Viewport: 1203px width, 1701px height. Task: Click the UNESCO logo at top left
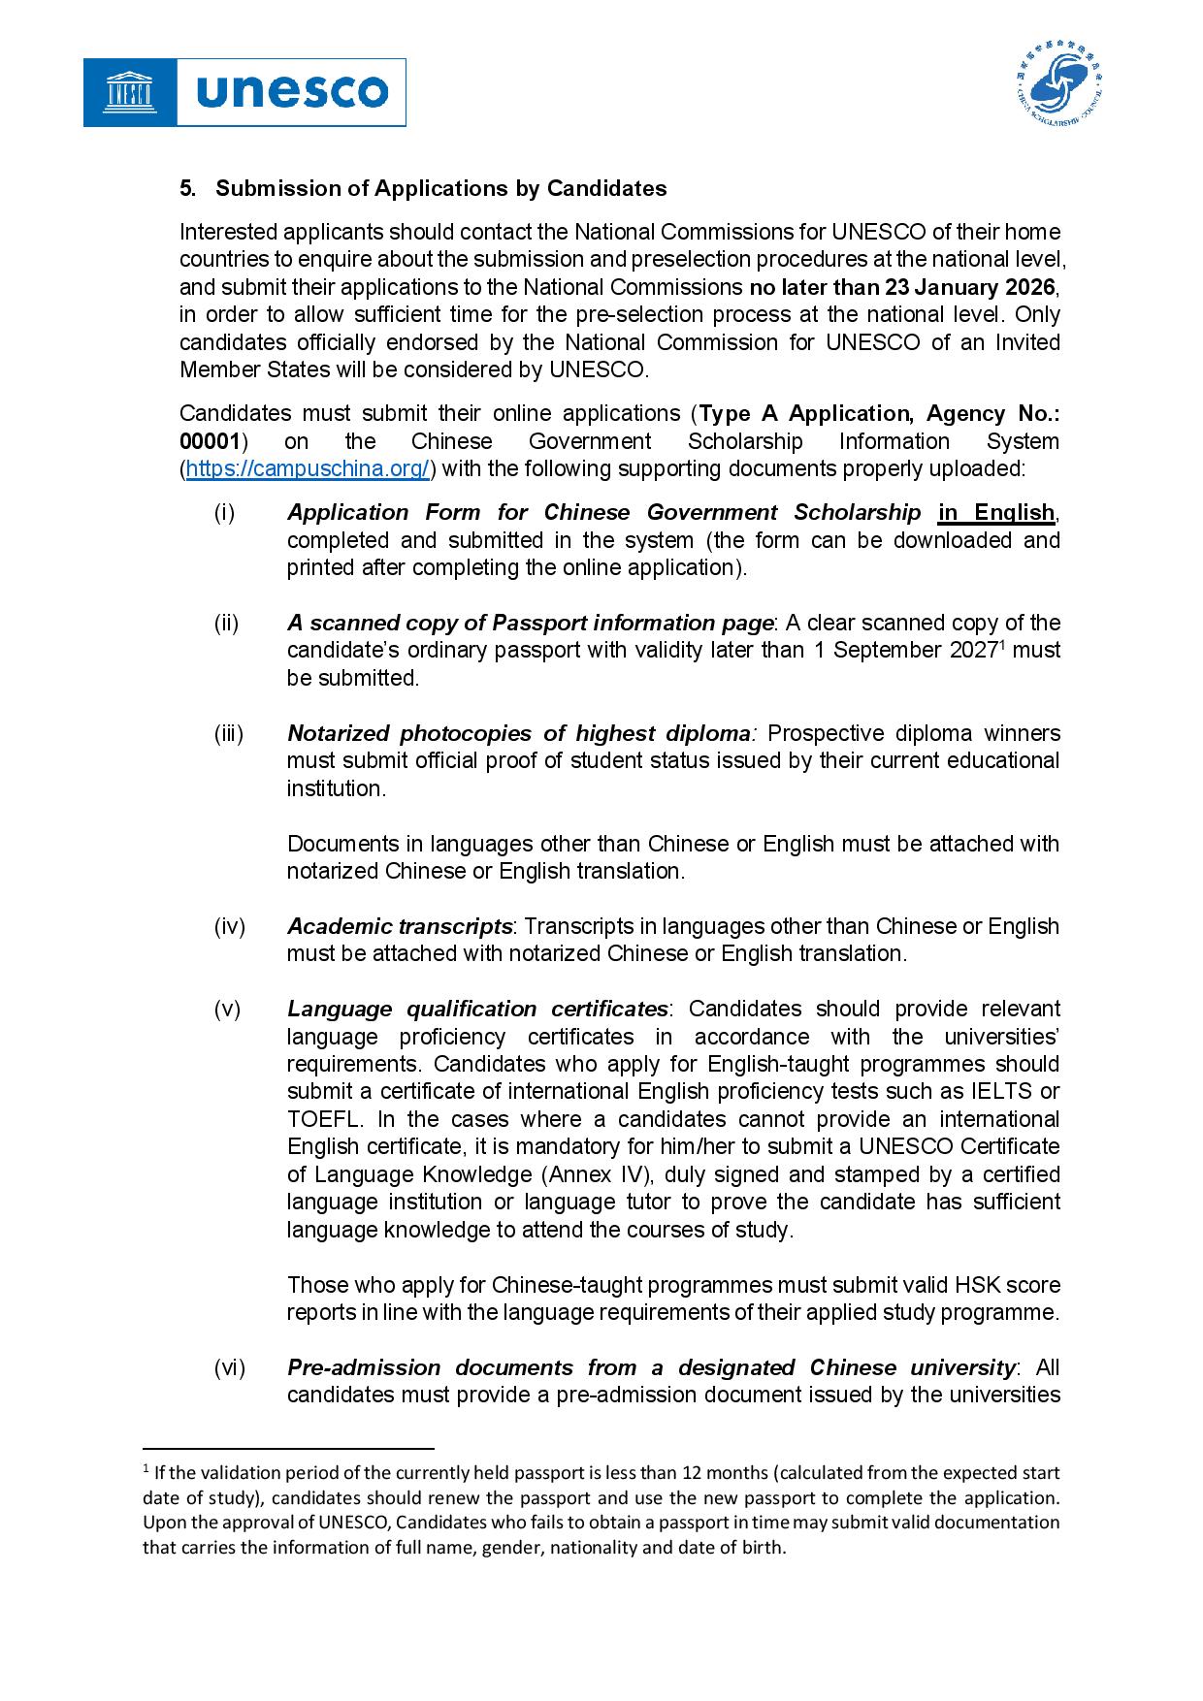click(244, 92)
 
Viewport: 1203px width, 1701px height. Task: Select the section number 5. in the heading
click(187, 188)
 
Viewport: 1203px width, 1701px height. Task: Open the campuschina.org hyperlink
click(308, 469)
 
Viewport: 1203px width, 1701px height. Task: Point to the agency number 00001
click(210, 441)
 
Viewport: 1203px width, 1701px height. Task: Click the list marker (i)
click(224, 512)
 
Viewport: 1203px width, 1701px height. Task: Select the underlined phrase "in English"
click(995, 512)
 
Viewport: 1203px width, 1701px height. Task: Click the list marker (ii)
click(226, 623)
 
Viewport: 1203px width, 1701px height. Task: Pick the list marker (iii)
click(229, 733)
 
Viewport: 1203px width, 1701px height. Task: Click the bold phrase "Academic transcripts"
click(400, 926)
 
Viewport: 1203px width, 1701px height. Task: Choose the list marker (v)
click(227, 1009)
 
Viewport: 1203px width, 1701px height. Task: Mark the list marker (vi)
click(230, 1367)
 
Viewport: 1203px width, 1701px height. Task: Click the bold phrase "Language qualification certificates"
click(477, 1009)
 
